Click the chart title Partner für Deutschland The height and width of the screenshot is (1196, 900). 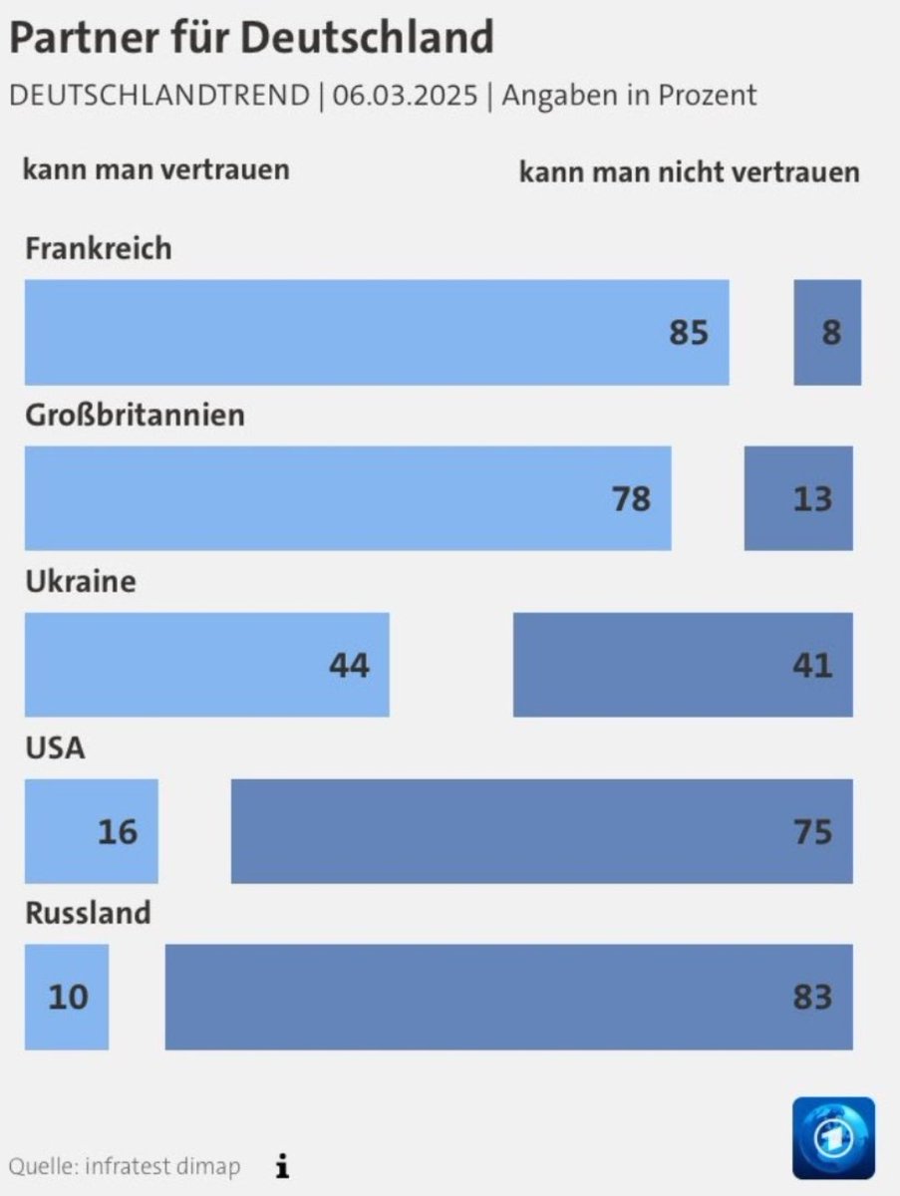tap(251, 39)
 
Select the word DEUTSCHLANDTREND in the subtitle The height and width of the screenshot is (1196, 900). tap(159, 96)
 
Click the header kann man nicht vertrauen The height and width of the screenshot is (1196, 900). tap(689, 171)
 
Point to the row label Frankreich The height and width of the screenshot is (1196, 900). tap(98, 247)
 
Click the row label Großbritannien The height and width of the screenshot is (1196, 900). tap(135, 414)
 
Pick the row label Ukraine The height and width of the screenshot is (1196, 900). tap(80, 581)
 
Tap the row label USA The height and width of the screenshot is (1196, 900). tap(55, 747)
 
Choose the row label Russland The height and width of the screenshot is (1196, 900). tap(88, 913)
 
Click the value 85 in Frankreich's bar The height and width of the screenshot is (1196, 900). tap(688, 332)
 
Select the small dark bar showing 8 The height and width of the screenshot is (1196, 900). tap(827, 332)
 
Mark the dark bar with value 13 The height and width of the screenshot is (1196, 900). tap(798, 497)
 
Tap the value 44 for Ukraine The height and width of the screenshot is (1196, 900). tap(349, 665)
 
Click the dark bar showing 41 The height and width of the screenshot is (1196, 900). tap(683, 665)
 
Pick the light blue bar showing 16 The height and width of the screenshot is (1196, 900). tap(91, 831)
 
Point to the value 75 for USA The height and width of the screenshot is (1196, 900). tap(812, 831)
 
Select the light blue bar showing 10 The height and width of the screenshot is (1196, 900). tap(67, 997)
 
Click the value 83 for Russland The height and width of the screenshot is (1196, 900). tap(812, 997)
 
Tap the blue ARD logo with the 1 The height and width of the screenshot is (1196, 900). tap(833, 1138)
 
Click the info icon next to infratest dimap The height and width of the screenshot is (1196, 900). tap(283, 1165)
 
